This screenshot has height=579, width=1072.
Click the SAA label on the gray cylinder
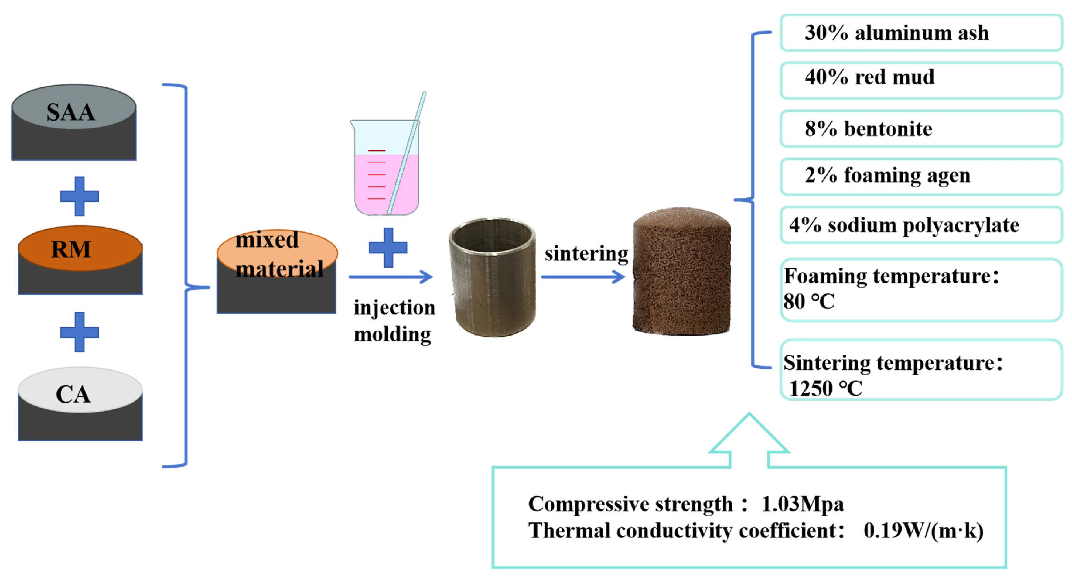coord(71,112)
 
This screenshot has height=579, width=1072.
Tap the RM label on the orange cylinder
coord(71,249)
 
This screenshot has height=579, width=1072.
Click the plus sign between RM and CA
coord(80,332)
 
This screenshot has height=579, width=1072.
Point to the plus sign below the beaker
coord(388,247)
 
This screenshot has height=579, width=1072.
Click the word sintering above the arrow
coord(586,253)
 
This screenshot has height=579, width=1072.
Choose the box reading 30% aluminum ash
coord(921,33)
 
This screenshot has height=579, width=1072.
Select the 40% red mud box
coord(921,80)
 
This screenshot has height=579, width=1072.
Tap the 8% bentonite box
coord(921,128)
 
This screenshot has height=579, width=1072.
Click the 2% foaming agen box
coord(921,176)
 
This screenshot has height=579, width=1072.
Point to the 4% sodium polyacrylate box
coord(921,225)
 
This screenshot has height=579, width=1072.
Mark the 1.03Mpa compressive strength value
coord(802,504)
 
